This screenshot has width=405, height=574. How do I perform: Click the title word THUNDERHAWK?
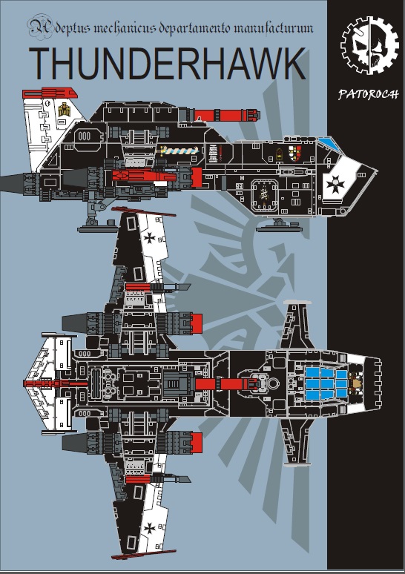click(167, 63)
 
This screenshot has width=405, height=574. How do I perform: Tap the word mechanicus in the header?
click(125, 28)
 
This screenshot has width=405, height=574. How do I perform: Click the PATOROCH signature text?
click(369, 94)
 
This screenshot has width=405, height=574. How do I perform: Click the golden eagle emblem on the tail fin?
click(64, 110)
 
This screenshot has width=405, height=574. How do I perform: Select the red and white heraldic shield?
click(294, 153)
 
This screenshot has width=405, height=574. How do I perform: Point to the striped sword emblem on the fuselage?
click(178, 150)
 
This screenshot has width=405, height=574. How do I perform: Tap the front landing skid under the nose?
click(279, 226)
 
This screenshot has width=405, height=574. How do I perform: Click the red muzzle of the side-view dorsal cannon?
click(251, 115)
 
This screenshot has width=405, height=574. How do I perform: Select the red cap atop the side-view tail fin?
click(50, 93)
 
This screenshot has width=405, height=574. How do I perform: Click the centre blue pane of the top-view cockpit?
click(326, 383)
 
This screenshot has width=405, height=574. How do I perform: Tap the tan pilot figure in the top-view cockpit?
click(355, 383)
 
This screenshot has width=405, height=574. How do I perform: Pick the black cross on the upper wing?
click(149, 238)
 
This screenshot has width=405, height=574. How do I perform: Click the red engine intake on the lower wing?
click(196, 442)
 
